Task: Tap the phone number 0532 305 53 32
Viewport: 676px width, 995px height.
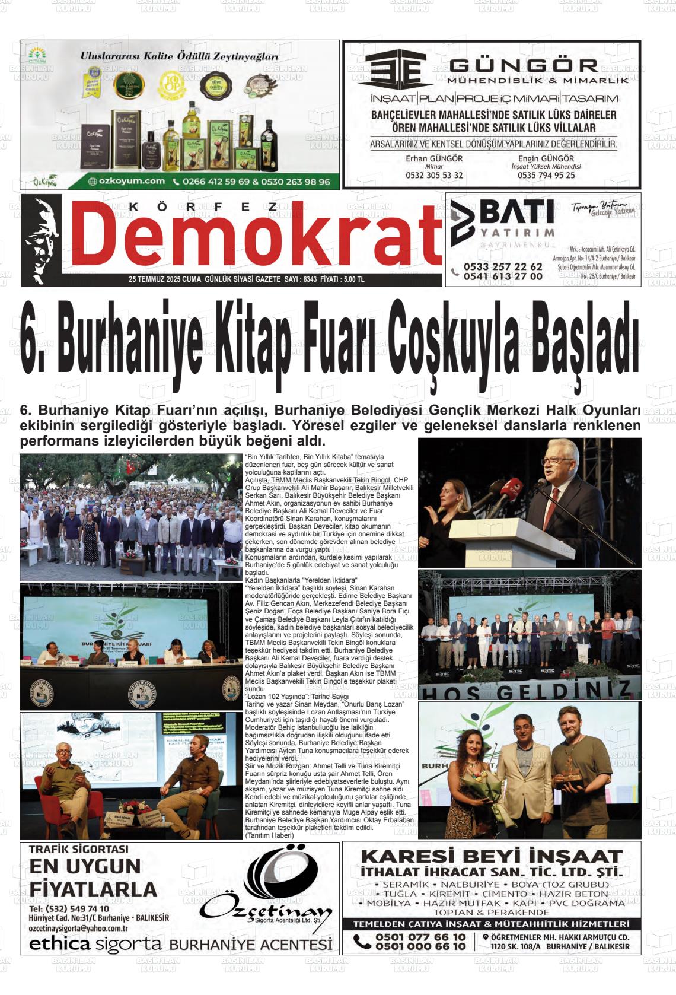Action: [x=434, y=176]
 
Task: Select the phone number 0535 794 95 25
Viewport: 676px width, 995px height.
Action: [x=546, y=176]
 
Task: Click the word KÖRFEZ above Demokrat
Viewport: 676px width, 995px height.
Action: [x=202, y=206]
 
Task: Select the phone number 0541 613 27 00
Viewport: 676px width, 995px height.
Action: [x=503, y=276]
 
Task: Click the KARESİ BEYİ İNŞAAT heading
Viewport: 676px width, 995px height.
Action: [x=492, y=857]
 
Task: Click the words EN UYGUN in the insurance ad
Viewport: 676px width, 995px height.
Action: [x=85, y=867]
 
